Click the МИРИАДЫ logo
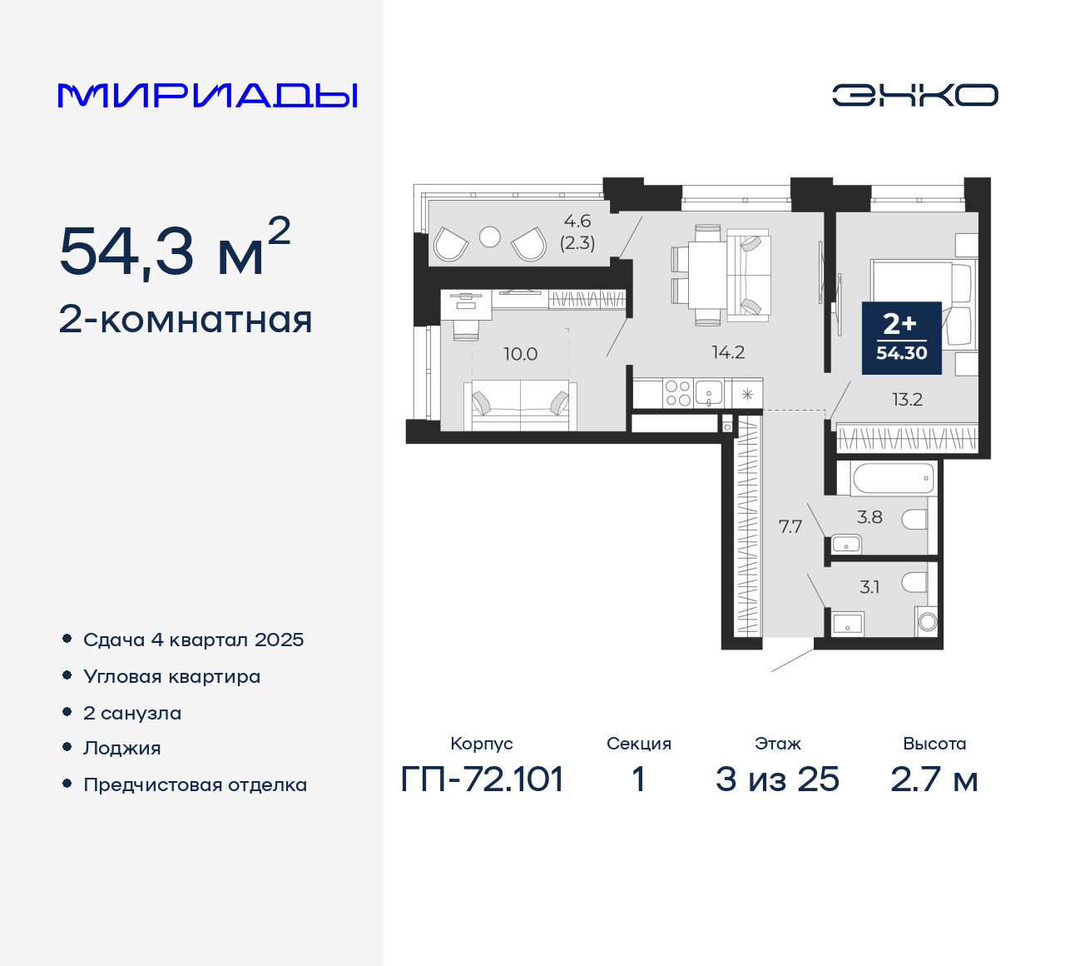pyautogui.click(x=208, y=95)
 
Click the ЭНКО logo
pyautogui.click(x=914, y=95)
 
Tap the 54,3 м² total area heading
pyautogui.click(x=175, y=250)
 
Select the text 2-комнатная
pyautogui.click(x=186, y=320)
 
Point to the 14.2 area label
pyautogui.click(x=728, y=352)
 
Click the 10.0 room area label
pyautogui.click(x=520, y=354)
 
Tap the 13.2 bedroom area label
pyautogui.click(x=907, y=400)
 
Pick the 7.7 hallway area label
pyautogui.click(x=790, y=526)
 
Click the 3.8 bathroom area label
pyautogui.click(x=869, y=517)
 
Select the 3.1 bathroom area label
pyautogui.click(x=869, y=587)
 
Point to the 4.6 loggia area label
pyautogui.click(x=577, y=222)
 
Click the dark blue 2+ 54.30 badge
pyautogui.click(x=901, y=337)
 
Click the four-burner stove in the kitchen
pyautogui.click(x=677, y=393)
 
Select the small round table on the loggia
pyautogui.click(x=490, y=237)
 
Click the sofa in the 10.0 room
pyautogui.click(x=520, y=405)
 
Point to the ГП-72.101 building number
pyautogui.click(x=482, y=779)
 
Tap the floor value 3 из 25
pyautogui.click(x=777, y=779)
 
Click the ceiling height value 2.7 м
pyautogui.click(x=934, y=779)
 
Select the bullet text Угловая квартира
pyautogui.click(x=171, y=677)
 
